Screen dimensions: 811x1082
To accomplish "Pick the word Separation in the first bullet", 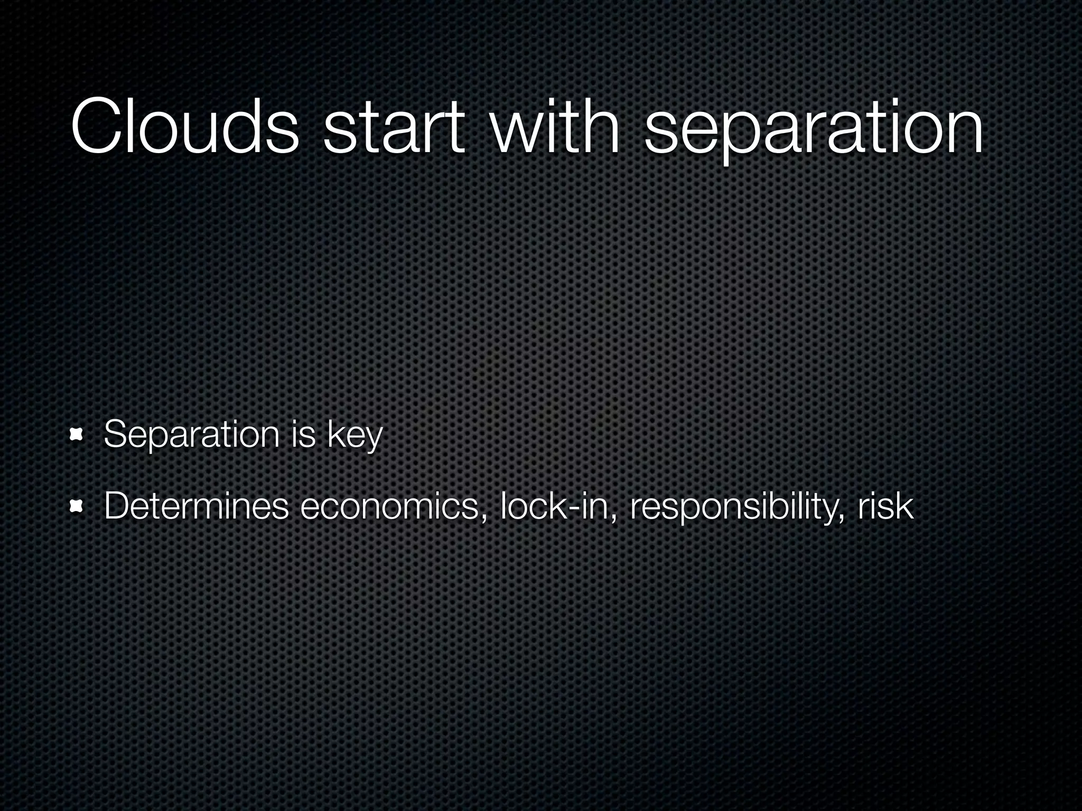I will [x=191, y=435].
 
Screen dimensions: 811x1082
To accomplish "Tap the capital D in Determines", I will [x=117, y=506].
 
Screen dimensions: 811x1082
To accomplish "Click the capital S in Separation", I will [x=116, y=435].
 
